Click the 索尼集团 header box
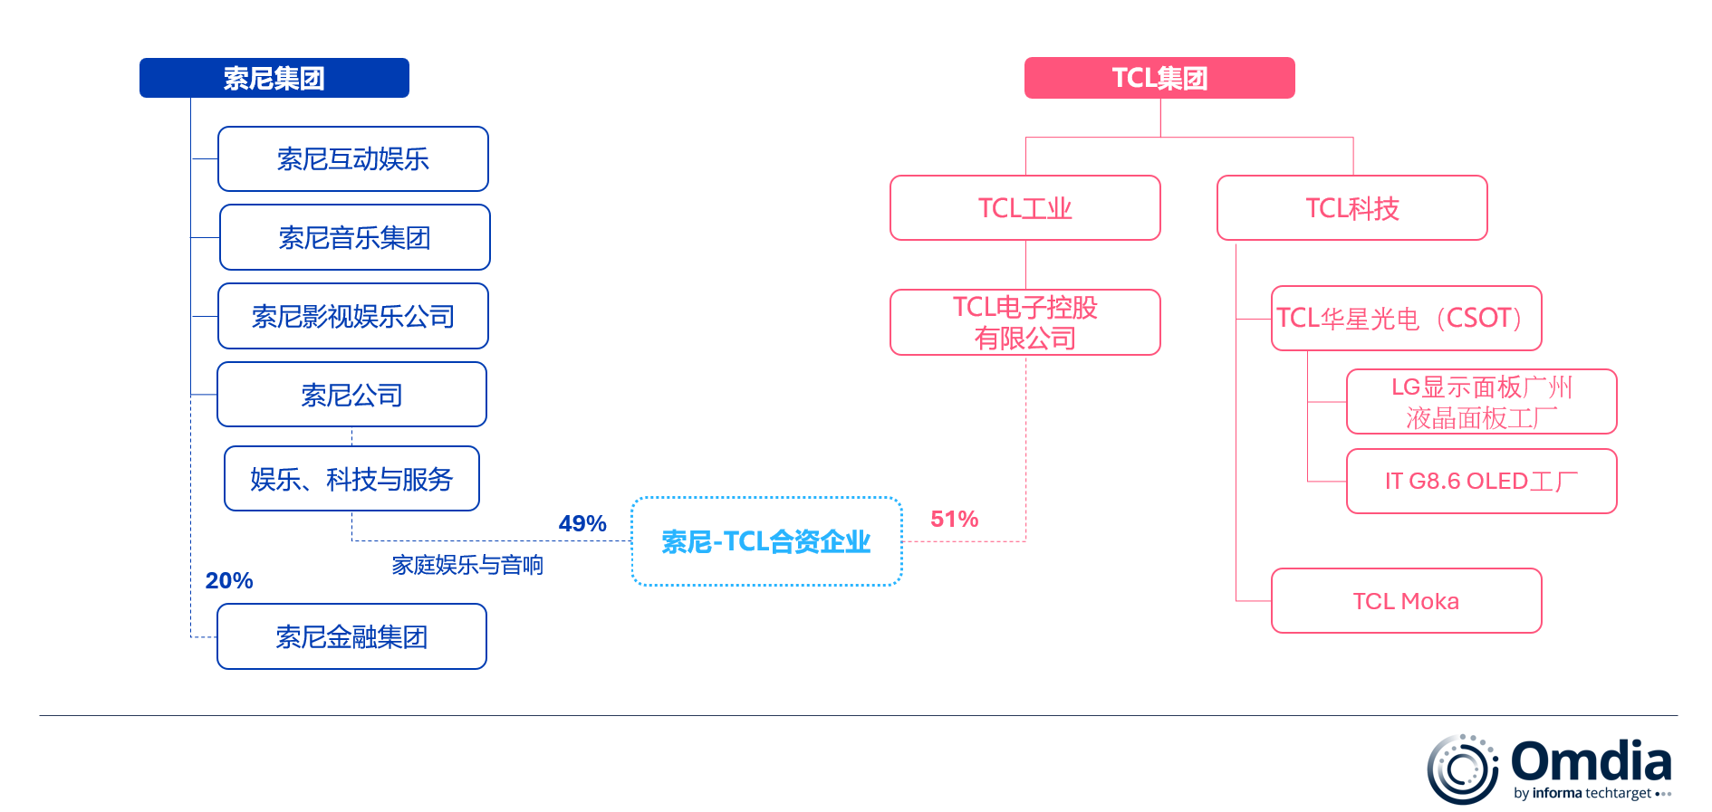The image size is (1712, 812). (274, 78)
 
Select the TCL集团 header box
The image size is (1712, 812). (1159, 78)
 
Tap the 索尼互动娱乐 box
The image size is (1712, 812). (352, 159)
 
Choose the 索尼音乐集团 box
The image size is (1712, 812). (354, 237)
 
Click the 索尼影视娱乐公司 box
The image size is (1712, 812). (352, 316)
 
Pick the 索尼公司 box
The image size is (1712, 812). (351, 395)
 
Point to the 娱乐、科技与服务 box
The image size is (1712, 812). (351, 479)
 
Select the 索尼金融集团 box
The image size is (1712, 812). (351, 636)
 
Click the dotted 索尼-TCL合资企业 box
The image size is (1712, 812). (766, 541)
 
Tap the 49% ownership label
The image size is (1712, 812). (582, 523)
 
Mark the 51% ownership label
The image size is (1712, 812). (954, 519)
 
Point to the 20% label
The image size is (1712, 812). (229, 580)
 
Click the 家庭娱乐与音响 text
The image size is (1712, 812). (467, 565)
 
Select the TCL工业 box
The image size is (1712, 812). (1024, 208)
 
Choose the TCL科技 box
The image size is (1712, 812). (1351, 208)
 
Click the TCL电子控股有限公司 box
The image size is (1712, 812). (1024, 322)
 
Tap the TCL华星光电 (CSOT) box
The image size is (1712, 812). (1406, 318)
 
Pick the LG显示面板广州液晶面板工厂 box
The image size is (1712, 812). (1481, 402)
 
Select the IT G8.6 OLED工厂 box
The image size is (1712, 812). (1481, 481)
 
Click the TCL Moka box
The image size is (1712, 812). (1406, 601)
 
